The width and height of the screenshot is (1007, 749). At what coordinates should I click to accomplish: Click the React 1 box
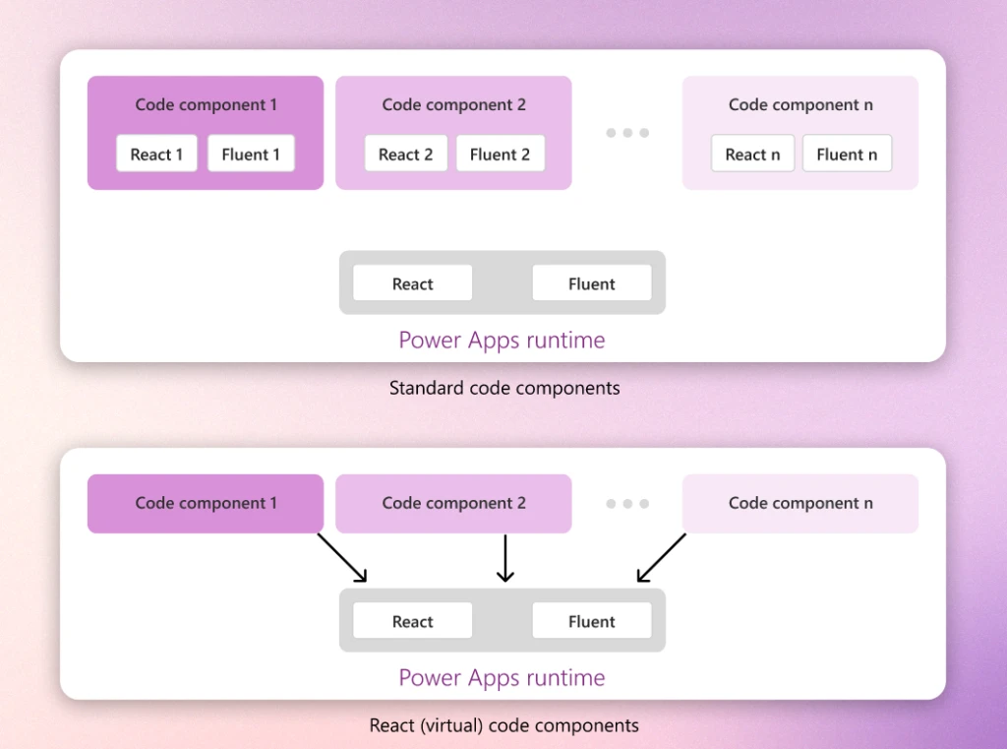156,155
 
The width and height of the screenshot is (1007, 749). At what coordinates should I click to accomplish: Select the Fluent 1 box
251,155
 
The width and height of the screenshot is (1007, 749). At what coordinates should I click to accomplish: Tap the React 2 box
405,155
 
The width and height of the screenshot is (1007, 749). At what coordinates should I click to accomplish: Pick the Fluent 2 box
500,155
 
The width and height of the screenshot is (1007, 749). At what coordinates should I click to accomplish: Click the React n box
752,155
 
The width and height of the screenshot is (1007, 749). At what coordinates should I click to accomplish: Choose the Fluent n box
847,155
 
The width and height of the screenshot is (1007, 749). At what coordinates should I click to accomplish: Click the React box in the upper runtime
412,283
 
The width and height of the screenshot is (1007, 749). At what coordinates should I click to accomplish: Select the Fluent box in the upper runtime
591,283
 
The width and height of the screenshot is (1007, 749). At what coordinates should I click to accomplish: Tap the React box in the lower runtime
412,621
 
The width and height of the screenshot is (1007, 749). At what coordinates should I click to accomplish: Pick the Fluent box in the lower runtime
591,621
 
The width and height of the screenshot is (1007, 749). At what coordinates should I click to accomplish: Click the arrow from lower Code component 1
341,558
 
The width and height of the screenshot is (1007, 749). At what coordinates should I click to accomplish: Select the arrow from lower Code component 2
504,558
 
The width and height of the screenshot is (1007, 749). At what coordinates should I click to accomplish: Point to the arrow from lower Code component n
662,558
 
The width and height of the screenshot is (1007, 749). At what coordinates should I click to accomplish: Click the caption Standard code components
504,388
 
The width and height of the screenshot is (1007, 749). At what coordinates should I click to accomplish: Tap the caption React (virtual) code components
503,725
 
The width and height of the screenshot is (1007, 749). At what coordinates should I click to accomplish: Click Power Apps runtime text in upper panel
502,341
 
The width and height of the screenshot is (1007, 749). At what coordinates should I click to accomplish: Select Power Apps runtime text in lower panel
502,678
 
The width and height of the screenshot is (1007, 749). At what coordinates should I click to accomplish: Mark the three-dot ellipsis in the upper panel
627,133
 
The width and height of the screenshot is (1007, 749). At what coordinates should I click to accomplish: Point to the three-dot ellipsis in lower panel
627,504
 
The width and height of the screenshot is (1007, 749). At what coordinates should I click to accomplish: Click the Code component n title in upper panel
800,105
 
